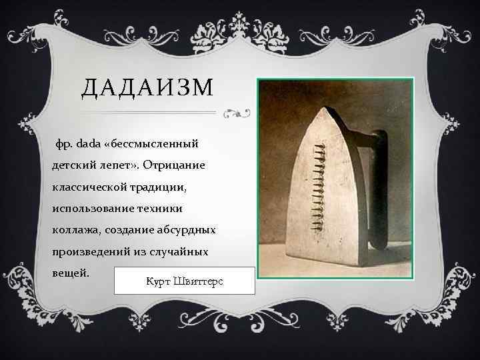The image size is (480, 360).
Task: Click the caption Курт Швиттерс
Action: point(184,281)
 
